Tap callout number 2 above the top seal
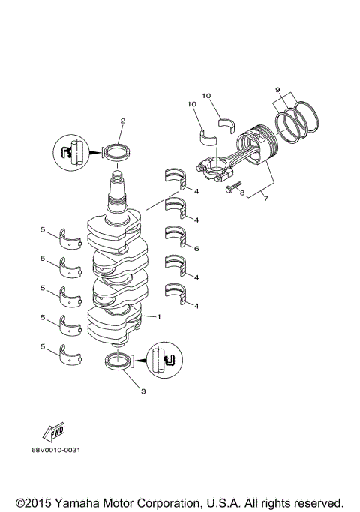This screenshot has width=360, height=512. (122, 121)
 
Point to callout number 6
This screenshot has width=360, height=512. (196, 248)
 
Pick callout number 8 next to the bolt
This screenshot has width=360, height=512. (242, 193)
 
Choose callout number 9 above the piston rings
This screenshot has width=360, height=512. (278, 90)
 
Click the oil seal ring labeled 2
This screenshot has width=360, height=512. (115, 153)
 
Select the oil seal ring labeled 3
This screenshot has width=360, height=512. (118, 361)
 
